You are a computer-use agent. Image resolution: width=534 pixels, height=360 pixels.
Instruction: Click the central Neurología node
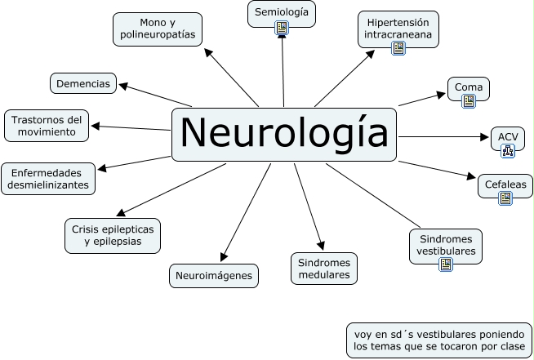[284, 135]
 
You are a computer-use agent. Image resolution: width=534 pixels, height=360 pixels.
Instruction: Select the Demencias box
[83, 83]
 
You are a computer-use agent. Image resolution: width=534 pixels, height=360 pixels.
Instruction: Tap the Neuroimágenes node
[214, 276]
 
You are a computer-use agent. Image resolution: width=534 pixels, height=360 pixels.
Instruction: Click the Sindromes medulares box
[324, 269]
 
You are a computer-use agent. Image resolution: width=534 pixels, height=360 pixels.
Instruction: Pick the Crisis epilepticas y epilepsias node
[113, 236]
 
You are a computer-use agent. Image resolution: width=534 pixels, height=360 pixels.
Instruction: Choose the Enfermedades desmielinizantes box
[48, 179]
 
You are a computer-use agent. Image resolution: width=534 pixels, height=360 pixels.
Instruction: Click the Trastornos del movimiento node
[47, 126]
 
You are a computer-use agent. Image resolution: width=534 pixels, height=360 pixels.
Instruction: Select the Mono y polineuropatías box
[158, 29]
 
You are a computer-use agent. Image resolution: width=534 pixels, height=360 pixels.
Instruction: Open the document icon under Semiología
[282, 28]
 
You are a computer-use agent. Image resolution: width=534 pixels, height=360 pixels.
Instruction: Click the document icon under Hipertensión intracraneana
[398, 48]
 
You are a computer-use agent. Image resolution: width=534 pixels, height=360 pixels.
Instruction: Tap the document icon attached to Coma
[469, 101]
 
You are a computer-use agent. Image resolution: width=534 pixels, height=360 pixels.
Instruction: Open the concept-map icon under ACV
[508, 151]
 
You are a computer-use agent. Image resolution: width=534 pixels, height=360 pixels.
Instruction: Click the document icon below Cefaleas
[505, 198]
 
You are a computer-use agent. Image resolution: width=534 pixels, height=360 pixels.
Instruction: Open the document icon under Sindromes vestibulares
[446, 264]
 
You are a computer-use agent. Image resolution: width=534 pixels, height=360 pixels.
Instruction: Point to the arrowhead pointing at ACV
[484, 137]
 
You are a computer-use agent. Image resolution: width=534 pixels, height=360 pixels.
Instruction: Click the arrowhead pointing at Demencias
[123, 86]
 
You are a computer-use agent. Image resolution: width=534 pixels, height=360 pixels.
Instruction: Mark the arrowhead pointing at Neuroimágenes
[224, 257]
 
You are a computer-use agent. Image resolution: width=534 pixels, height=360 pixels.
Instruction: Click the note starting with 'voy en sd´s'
[439, 340]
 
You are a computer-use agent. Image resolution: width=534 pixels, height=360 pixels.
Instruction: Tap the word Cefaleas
[505, 184]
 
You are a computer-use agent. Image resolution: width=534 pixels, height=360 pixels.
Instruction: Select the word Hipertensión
[398, 23]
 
